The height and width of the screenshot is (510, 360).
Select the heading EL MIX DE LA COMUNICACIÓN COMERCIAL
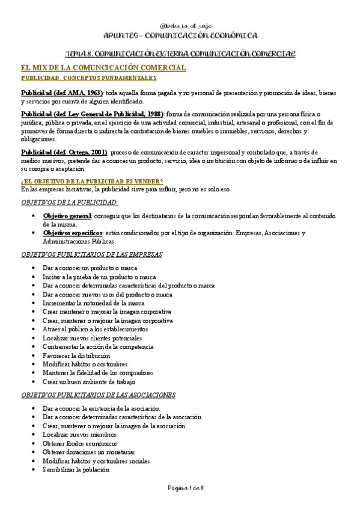(103, 68)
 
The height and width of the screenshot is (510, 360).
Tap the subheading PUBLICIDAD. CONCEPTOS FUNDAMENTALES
(88, 78)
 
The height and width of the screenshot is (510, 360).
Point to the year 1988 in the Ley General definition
(153, 114)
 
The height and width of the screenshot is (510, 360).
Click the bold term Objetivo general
(66, 215)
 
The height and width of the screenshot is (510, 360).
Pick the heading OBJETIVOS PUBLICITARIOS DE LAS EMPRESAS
(91, 254)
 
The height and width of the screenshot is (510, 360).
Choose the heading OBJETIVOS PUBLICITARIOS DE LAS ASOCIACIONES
(98, 395)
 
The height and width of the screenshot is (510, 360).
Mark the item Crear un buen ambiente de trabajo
(89, 381)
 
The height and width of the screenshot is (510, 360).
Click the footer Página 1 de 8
(180, 488)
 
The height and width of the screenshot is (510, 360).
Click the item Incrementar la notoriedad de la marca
(94, 303)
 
